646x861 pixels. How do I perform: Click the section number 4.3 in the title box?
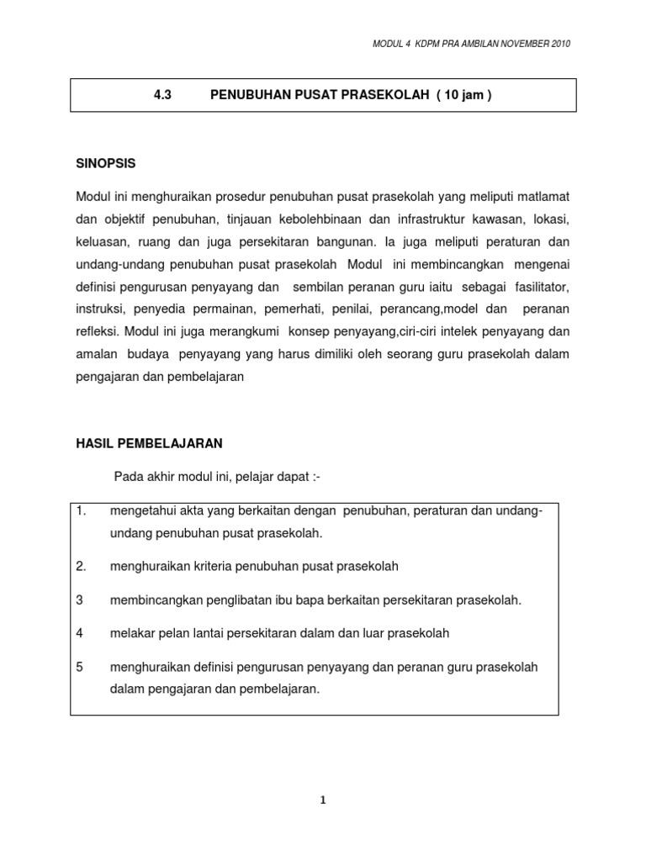click(x=162, y=96)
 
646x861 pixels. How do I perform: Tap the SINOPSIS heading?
click(x=105, y=162)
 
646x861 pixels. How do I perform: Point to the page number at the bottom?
click(x=322, y=801)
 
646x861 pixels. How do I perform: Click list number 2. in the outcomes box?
click(x=82, y=566)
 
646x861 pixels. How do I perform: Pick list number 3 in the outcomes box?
click(x=79, y=600)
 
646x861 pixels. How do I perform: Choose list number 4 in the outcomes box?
click(x=79, y=633)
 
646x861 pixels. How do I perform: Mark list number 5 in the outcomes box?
click(x=79, y=667)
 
